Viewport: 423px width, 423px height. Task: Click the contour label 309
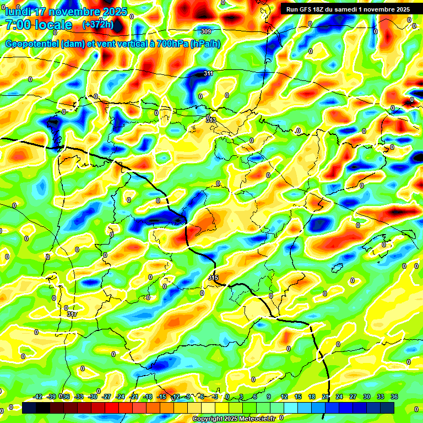pos(206,31)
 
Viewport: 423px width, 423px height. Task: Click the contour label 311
pos(208,73)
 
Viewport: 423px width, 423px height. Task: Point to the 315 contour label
pos(213,278)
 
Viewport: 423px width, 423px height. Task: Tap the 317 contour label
pos(72,314)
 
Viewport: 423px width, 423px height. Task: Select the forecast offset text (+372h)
pos(97,25)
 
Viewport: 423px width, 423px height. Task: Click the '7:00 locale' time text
pos(39,25)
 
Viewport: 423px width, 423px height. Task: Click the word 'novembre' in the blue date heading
pos(77,12)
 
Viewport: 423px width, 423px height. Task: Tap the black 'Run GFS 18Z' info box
pos(348,9)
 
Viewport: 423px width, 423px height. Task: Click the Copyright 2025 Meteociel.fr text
pos(234,419)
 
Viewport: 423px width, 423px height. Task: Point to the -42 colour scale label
pos(38,397)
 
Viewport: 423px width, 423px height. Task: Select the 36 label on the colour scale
pos(394,397)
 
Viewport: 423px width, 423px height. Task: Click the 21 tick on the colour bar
pos(326,397)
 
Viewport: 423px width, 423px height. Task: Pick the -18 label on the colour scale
pos(148,397)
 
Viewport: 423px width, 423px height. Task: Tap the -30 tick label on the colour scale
pos(93,397)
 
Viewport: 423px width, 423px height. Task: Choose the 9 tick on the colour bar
pos(269,397)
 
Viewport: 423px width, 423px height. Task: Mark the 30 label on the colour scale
pos(367,397)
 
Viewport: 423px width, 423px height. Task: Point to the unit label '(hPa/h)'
pos(205,44)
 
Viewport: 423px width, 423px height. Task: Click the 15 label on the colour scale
pos(298,397)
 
